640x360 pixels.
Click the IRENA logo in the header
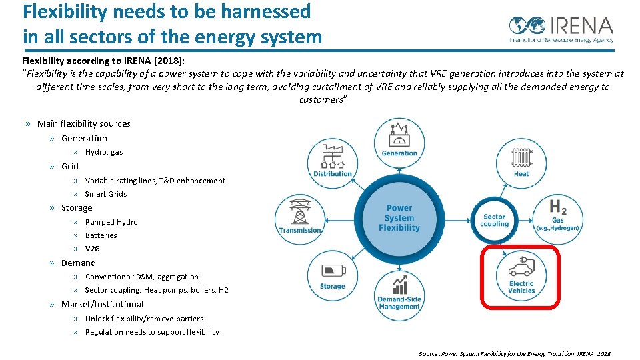tap(561, 29)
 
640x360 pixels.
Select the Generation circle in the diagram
tap(399, 141)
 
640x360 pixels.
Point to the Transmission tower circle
tap(300, 217)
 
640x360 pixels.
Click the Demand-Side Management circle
tap(399, 294)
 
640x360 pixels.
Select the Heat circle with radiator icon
tap(521, 161)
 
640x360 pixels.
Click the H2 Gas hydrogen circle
tap(557, 216)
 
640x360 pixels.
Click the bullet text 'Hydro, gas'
tap(104, 152)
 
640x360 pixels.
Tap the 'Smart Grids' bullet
tap(106, 194)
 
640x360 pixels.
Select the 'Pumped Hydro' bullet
tap(111, 222)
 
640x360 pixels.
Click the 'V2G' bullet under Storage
tap(93, 249)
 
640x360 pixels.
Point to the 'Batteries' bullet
tap(101, 235)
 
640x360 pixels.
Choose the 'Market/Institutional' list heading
tap(102, 304)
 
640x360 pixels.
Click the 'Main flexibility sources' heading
tap(84, 123)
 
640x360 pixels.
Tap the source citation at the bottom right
tap(514, 354)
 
